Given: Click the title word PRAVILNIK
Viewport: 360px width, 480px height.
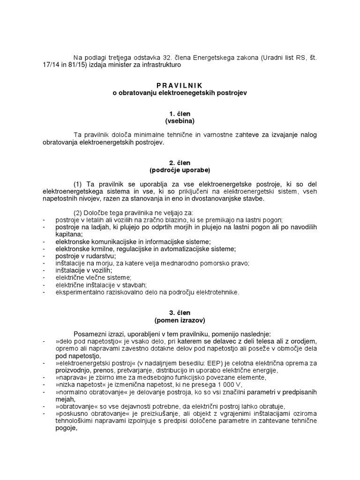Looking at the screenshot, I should (180, 85).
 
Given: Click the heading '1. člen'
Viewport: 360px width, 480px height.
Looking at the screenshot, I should (180, 114).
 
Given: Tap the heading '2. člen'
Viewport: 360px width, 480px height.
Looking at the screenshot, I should (180, 163).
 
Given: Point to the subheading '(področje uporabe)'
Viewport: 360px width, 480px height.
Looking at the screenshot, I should (180, 170).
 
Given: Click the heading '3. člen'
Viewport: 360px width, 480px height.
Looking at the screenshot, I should (180, 313).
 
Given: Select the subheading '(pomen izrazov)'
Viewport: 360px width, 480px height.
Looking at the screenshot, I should (180, 321).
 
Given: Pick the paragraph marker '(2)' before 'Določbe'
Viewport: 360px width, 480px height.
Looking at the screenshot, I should (78, 213).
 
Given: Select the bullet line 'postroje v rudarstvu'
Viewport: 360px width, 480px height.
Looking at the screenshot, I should (85, 256).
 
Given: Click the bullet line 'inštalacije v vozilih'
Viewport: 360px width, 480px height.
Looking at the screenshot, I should (83, 270).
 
